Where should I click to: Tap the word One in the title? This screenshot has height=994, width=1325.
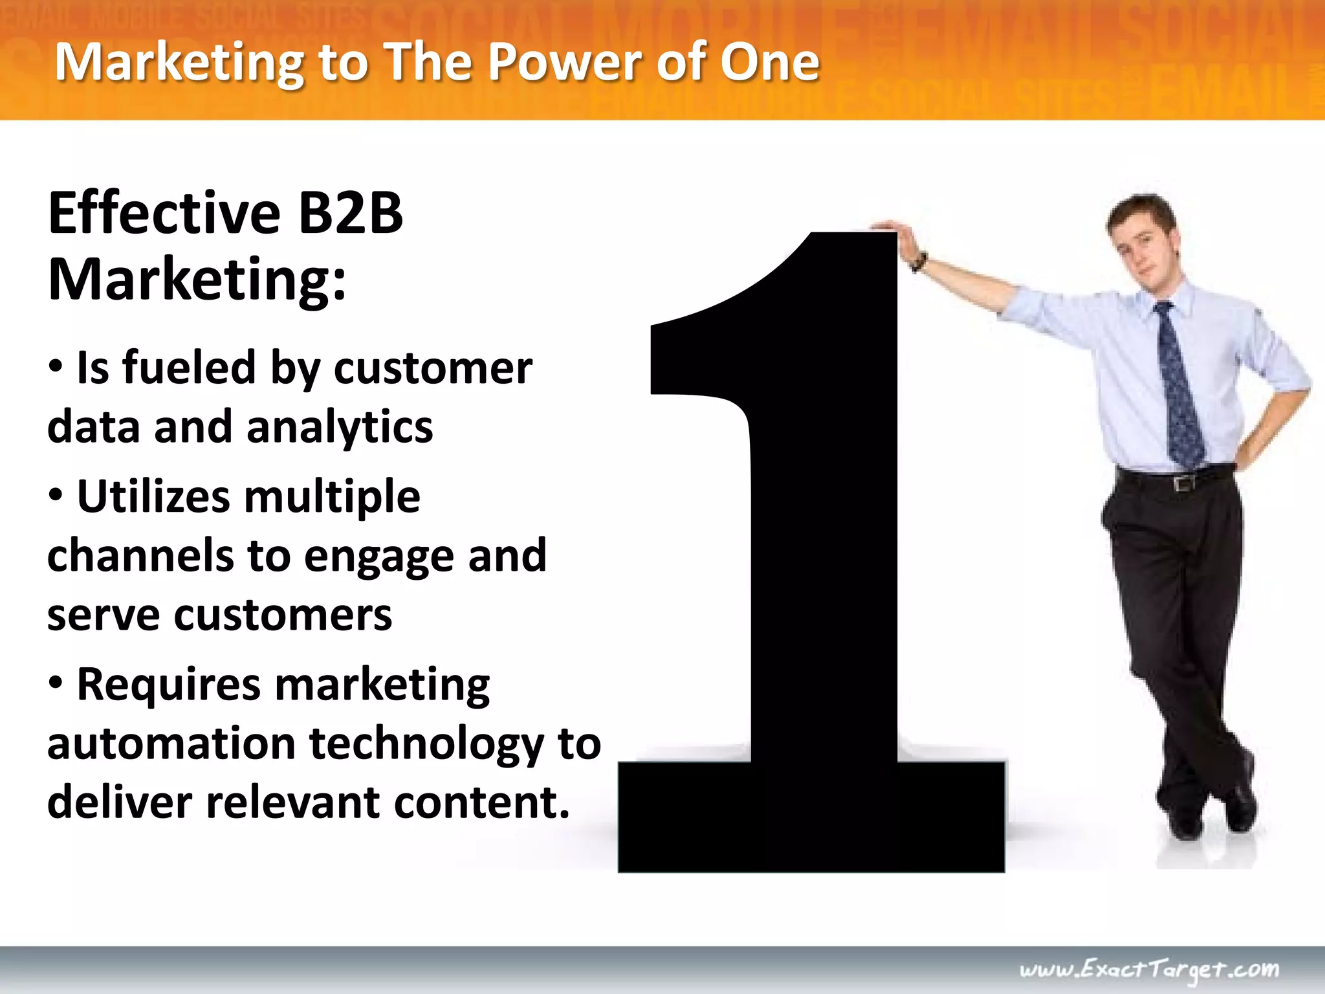[770, 62]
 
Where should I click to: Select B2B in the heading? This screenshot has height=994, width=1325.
[350, 214]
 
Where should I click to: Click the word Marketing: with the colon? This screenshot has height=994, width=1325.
[197, 280]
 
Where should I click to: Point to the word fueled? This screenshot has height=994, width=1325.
[189, 368]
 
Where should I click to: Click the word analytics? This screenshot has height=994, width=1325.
[340, 428]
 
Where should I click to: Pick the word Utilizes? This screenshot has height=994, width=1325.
[153, 497]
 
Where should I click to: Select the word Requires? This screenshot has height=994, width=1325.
[168, 685]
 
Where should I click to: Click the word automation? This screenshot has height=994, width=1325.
[171, 744]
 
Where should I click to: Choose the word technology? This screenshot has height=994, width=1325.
[427, 745]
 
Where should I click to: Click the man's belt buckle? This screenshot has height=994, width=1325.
[1185, 483]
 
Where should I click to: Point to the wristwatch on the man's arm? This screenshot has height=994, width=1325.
[919, 262]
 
